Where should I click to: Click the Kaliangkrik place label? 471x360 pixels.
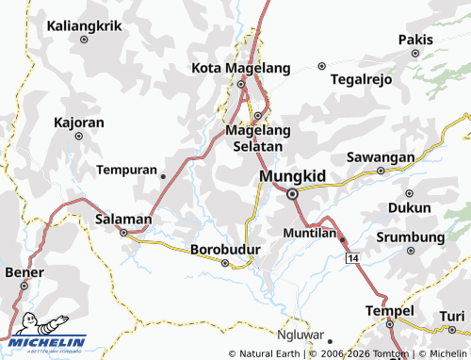pyautogui.click(x=85, y=25)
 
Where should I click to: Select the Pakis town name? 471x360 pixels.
pyautogui.click(x=414, y=40)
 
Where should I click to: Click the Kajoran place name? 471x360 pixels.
pyautogui.click(x=78, y=123)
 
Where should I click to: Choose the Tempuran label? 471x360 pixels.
pyautogui.click(x=126, y=171)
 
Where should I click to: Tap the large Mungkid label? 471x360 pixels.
pyautogui.click(x=292, y=175)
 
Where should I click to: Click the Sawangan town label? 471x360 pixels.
pyautogui.click(x=381, y=155)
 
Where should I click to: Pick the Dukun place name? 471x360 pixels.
pyautogui.click(x=409, y=207)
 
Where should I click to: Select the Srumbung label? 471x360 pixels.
pyautogui.click(x=410, y=237)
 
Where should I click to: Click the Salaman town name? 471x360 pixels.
pyautogui.click(x=123, y=219)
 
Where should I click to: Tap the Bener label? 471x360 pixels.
pyautogui.click(x=24, y=272)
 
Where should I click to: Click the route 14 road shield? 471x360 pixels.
pyautogui.click(x=352, y=257)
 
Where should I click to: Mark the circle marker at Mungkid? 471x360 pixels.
pyautogui.click(x=292, y=193)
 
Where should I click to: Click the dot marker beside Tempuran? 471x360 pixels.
pyautogui.click(x=163, y=175)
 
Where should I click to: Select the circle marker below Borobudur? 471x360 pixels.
pyautogui.click(x=224, y=264)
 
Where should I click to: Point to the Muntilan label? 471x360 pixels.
pyautogui.click(x=309, y=232)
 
